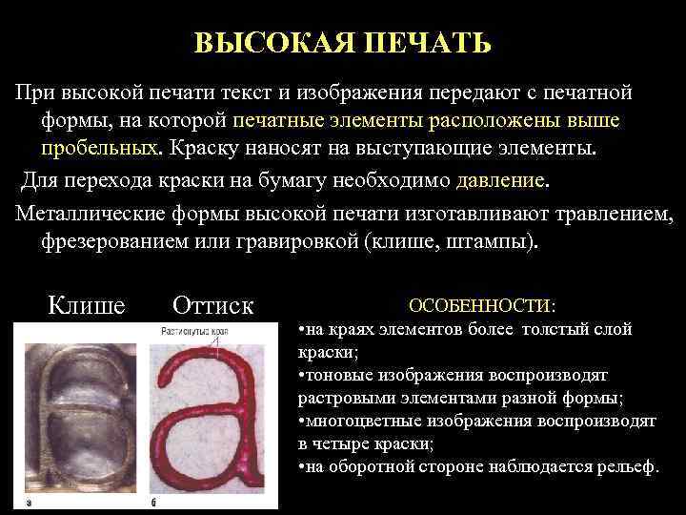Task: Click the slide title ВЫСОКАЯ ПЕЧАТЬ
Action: (x=343, y=44)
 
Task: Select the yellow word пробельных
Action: (x=99, y=150)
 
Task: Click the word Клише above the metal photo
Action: (x=86, y=305)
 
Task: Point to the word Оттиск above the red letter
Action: (x=213, y=305)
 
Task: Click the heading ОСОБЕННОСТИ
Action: (x=482, y=306)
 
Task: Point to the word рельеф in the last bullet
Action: (x=624, y=466)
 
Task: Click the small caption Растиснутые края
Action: (x=194, y=331)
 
